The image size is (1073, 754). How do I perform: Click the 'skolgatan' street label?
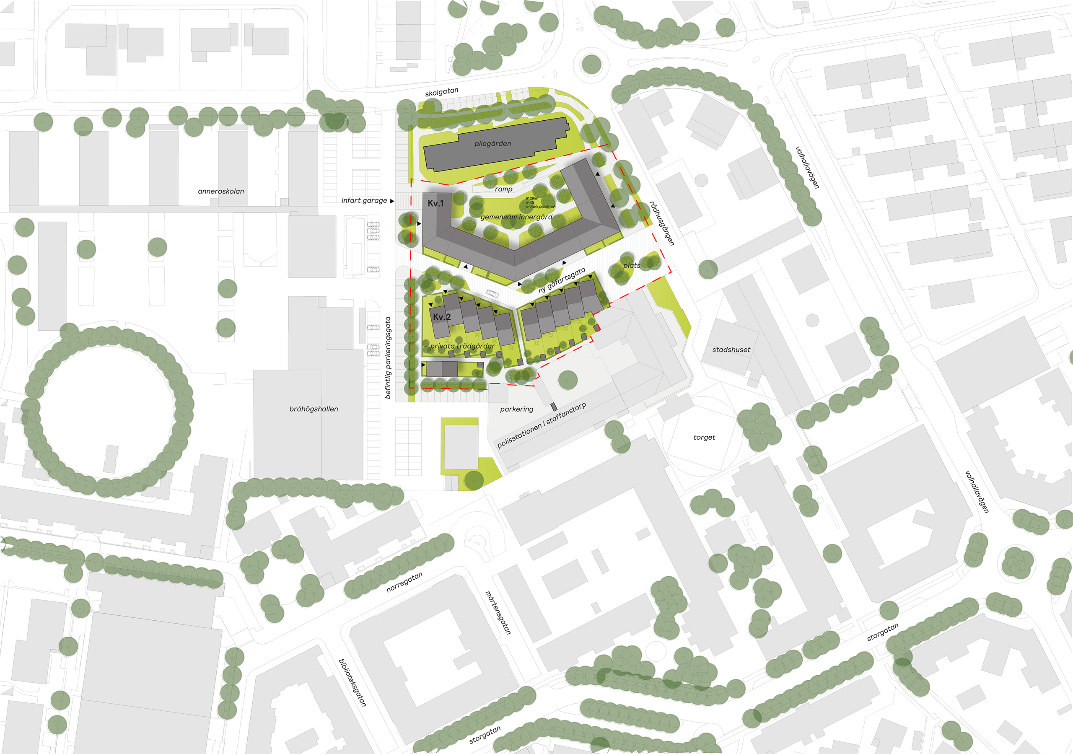(441, 92)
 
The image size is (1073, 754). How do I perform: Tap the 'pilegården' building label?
(492, 143)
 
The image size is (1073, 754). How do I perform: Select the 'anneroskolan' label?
(220, 191)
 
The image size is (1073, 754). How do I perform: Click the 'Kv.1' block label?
(435, 203)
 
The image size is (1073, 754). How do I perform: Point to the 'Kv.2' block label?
(442, 317)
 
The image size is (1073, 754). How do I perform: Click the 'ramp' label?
(503, 189)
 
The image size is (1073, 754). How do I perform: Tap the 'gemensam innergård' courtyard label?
(516, 217)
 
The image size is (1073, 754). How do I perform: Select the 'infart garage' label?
(364, 200)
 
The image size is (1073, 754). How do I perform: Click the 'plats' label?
(631, 265)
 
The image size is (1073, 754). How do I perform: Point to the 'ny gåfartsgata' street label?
(561, 280)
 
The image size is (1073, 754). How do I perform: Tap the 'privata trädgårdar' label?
(462, 346)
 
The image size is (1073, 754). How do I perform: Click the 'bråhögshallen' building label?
(314, 409)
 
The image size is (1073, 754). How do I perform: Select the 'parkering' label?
(516, 409)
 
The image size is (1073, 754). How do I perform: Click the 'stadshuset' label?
(731, 350)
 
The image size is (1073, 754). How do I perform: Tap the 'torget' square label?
(704, 438)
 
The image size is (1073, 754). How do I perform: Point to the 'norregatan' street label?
(404, 583)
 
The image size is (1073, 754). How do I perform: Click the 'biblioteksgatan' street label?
(352, 682)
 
